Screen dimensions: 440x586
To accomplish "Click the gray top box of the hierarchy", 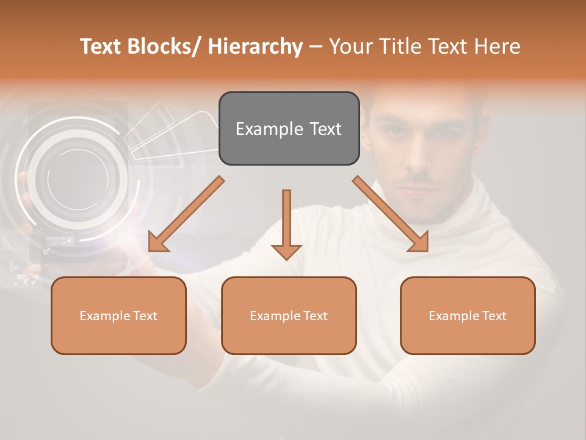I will pyautogui.click(x=289, y=128).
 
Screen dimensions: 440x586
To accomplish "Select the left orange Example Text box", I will pyautogui.click(x=118, y=315).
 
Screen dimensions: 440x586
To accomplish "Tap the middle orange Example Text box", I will pyautogui.click(x=289, y=315).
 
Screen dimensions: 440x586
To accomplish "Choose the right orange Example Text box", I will pyautogui.click(x=468, y=315).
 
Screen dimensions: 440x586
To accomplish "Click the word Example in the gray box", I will pyautogui.click(x=269, y=129).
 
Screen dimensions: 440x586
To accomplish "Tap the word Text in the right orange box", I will pyautogui.click(x=494, y=316).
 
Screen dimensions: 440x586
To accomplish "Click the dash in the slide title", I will pyautogui.click(x=316, y=46).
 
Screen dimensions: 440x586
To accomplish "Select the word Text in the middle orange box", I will pyautogui.click(x=315, y=316).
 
